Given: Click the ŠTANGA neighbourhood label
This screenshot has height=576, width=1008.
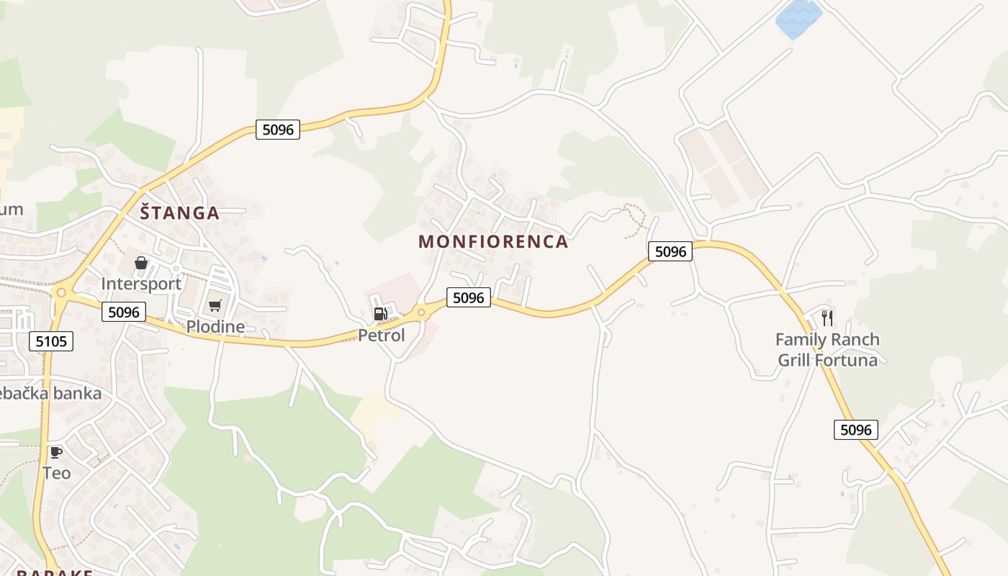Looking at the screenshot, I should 179,213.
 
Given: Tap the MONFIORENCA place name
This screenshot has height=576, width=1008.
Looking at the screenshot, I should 493,242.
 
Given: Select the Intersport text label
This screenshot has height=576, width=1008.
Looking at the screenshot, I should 141,284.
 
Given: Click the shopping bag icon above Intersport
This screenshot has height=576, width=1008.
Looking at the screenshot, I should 141,263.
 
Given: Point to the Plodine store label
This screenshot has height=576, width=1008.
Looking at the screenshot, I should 215,327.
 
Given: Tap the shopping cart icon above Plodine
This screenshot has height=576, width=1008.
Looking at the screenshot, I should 215,306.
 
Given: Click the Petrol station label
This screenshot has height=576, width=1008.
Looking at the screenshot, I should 382,335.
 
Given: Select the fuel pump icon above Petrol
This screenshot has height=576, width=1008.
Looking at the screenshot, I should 380,313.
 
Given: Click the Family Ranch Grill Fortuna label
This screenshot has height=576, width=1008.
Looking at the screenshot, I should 827,350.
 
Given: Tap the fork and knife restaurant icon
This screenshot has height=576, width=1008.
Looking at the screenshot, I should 827,317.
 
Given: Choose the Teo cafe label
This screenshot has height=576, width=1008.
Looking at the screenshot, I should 56,473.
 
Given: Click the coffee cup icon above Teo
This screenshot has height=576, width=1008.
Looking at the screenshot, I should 55,452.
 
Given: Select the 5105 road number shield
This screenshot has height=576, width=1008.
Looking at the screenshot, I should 52,341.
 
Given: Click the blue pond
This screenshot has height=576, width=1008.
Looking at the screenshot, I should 798,19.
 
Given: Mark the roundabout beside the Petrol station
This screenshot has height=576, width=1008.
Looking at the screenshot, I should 421,312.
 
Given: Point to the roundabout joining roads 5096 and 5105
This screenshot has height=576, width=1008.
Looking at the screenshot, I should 61,292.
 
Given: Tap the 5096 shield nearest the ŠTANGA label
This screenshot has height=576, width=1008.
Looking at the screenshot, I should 277,130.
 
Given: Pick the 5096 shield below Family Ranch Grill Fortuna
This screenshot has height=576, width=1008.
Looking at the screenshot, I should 856,430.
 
